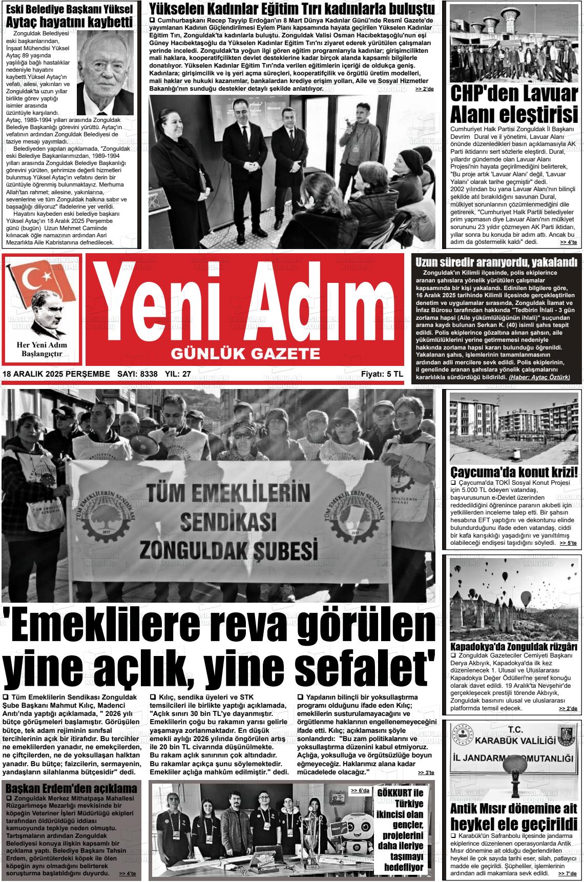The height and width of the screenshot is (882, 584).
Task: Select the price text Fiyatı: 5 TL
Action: pos(382,375)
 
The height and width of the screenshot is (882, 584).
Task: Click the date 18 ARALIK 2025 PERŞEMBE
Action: pos(56,375)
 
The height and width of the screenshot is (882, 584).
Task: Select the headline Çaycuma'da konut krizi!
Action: pos(513,471)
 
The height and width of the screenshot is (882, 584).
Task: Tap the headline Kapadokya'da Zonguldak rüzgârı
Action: pos(513,646)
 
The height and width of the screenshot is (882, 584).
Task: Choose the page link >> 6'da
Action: pos(360,791)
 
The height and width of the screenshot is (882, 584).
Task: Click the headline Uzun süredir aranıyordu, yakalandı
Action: pos(496,261)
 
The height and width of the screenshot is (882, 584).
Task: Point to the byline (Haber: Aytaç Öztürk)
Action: pos(539,377)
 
